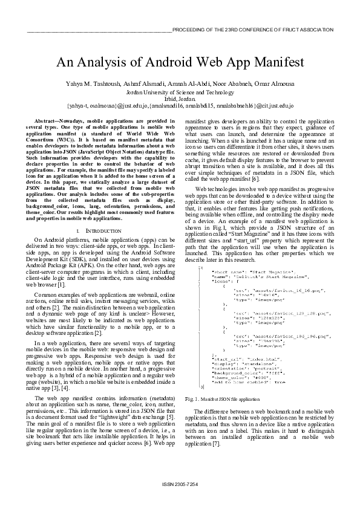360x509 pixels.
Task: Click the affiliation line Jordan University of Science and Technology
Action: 180,92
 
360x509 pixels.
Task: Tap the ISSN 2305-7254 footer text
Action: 180,485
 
